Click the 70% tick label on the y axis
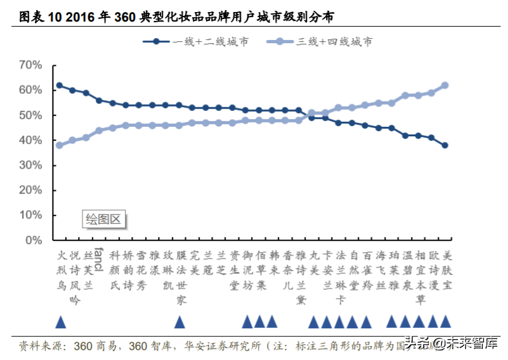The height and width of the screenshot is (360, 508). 30,65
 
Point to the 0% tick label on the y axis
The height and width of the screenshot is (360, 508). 33,240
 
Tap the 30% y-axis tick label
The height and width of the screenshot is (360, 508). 30,165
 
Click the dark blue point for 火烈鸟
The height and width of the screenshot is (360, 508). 59,85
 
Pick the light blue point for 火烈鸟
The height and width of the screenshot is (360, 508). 59,145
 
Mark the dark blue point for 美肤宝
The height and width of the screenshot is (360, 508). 445,145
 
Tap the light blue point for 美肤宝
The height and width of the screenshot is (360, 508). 445,85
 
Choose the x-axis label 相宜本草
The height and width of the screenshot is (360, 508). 419,277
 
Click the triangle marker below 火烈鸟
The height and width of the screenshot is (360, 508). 60,322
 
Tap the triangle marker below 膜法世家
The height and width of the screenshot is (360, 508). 179,322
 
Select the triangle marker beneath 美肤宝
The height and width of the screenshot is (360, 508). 445,322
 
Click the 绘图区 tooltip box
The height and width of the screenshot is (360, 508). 103,220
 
